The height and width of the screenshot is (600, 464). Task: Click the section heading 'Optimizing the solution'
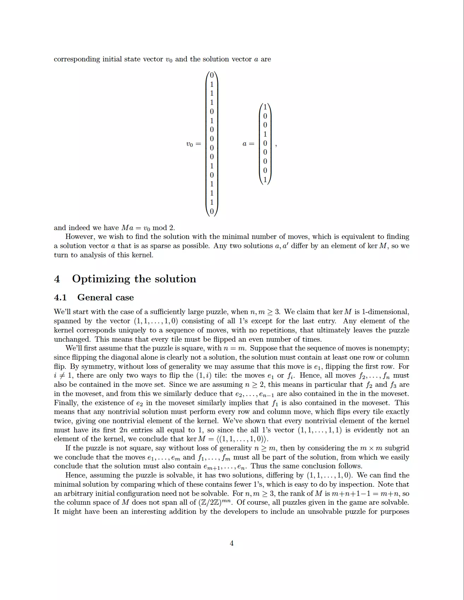(134, 279)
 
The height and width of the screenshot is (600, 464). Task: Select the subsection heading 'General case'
(105, 298)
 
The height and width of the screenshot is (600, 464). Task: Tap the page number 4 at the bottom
(232, 543)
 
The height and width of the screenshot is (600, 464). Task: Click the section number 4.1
(60, 298)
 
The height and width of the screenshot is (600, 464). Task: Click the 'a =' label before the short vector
(248, 144)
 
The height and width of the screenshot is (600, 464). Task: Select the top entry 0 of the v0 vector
(212, 75)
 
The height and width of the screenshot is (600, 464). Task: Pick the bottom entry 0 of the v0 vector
(212, 211)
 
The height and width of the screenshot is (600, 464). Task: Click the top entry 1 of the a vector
(265, 107)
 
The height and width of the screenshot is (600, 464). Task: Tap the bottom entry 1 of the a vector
(265, 180)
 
